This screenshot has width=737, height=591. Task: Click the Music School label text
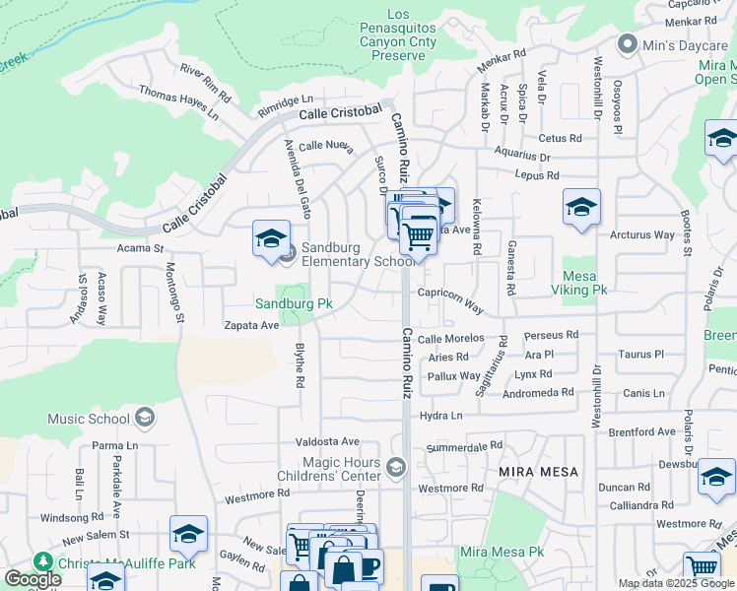pyautogui.click(x=89, y=419)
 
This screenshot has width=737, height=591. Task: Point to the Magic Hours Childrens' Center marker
pyautogui.click(x=396, y=467)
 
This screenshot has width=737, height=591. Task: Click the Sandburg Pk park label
pyautogui.click(x=285, y=305)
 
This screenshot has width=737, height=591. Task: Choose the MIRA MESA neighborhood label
pyautogui.click(x=539, y=472)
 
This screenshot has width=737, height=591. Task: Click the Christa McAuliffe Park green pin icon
pyautogui.click(x=43, y=560)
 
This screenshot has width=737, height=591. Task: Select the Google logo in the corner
pyautogui.click(x=32, y=579)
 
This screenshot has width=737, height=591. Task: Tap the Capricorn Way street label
pyautogui.click(x=449, y=300)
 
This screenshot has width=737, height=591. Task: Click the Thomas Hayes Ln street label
pyautogui.click(x=178, y=101)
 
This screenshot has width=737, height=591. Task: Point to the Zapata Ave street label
pyautogui.click(x=251, y=324)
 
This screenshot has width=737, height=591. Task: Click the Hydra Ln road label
pyautogui.click(x=440, y=416)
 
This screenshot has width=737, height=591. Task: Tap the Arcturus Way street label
pyautogui.click(x=642, y=235)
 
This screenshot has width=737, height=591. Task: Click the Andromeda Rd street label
pyautogui.click(x=538, y=392)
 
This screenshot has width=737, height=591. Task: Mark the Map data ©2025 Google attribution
pyautogui.click(x=676, y=583)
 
